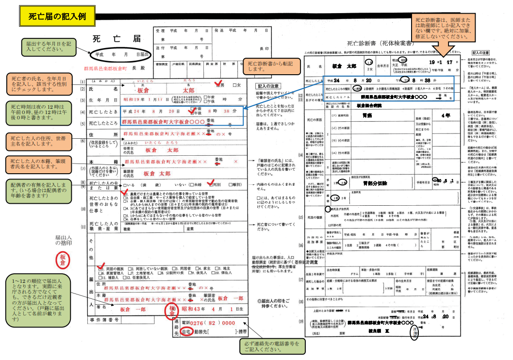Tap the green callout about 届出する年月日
point(50,47)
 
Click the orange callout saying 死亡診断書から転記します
point(265,66)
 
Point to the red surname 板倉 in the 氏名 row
point(143,91)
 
